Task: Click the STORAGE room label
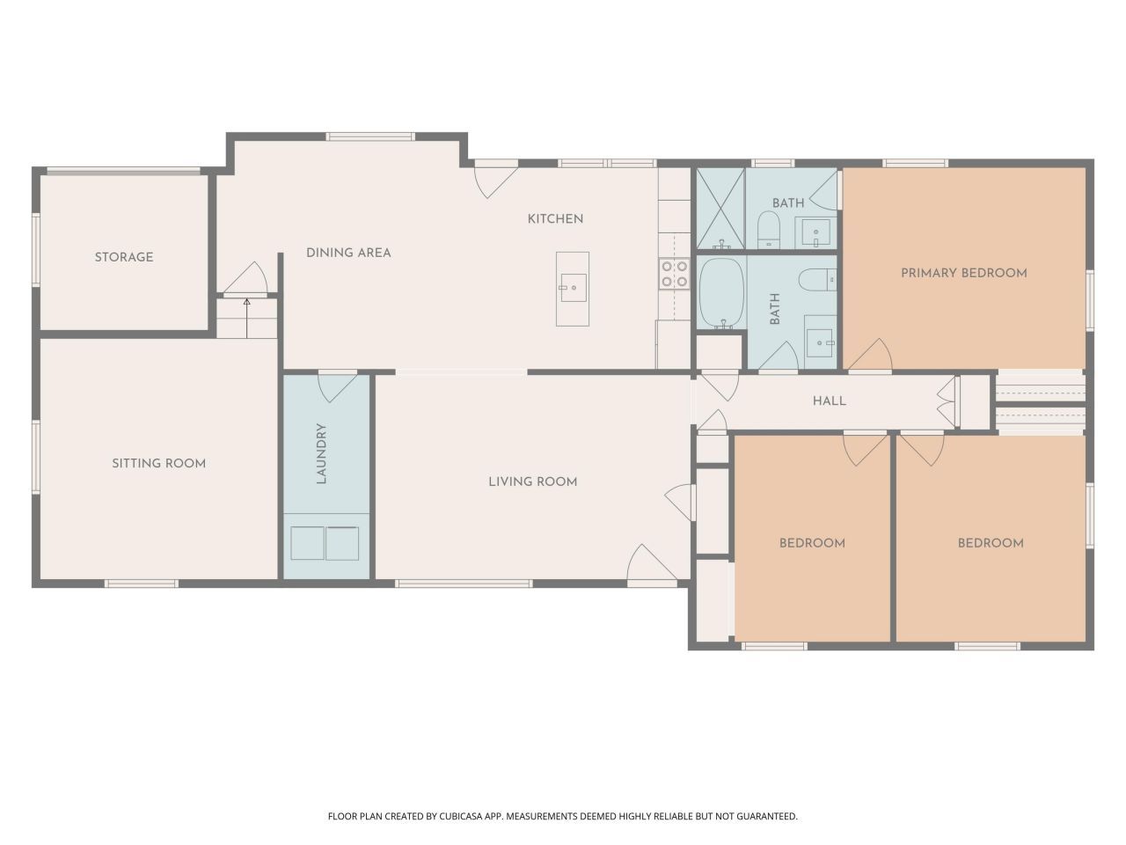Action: pyautogui.click(x=124, y=257)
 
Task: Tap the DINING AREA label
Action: pyautogui.click(x=348, y=253)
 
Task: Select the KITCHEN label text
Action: pyautogui.click(x=555, y=219)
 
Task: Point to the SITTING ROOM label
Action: pyautogui.click(x=158, y=463)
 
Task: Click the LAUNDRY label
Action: pyautogui.click(x=321, y=453)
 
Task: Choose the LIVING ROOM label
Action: pyautogui.click(x=532, y=481)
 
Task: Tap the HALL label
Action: pyautogui.click(x=829, y=400)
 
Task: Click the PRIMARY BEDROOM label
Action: pyautogui.click(x=964, y=273)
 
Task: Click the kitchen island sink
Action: pyautogui.click(x=573, y=287)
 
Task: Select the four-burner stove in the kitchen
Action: pyautogui.click(x=675, y=274)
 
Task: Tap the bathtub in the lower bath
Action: pyautogui.click(x=721, y=293)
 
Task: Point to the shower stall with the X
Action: pyautogui.click(x=720, y=209)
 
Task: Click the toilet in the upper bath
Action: pyautogui.click(x=769, y=230)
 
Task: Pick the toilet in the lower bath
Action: pyautogui.click(x=817, y=280)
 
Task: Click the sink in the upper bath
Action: pyautogui.click(x=816, y=232)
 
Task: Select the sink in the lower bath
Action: pyautogui.click(x=820, y=342)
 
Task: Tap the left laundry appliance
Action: pyautogui.click(x=307, y=543)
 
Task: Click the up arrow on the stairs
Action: pyautogui.click(x=246, y=318)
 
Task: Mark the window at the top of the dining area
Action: pyautogui.click(x=369, y=136)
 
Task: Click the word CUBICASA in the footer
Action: pyautogui.click(x=461, y=816)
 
